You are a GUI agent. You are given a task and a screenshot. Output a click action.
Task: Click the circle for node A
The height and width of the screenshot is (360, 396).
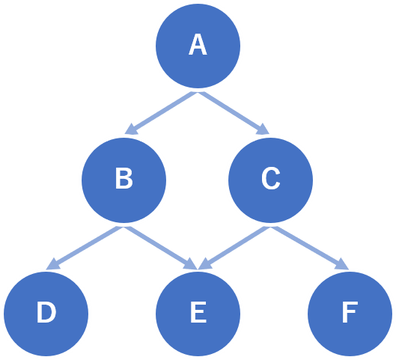pyautogui.click(x=198, y=46)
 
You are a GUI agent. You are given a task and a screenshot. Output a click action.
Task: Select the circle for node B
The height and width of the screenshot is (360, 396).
pyautogui.click(x=124, y=180)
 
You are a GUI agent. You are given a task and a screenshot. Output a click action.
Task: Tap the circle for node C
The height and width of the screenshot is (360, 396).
pyautogui.click(x=270, y=180)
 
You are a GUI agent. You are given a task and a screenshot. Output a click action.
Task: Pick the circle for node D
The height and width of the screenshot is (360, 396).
pyautogui.click(x=46, y=314)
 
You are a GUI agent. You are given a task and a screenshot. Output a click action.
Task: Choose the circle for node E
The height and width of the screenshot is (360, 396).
pyautogui.click(x=198, y=314)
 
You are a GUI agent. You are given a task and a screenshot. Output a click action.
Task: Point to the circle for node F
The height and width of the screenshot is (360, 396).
pyautogui.click(x=350, y=314)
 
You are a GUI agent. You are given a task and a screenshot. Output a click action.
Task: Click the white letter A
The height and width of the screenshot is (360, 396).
pyautogui.click(x=198, y=44)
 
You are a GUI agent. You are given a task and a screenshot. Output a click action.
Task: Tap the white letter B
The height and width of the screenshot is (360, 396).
pyautogui.click(x=124, y=178)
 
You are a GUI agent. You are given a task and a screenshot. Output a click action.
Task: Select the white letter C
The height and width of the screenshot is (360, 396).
pyautogui.click(x=271, y=178)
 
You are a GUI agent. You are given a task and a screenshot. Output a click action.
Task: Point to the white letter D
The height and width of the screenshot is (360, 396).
pyautogui.click(x=46, y=312)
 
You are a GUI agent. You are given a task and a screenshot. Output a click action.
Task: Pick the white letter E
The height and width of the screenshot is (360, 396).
pyautogui.click(x=198, y=312)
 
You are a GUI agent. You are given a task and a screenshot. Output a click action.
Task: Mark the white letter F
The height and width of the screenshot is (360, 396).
pyautogui.click(x=350, y=312)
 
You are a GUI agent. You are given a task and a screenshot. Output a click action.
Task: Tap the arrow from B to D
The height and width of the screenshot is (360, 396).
pyautogui.click(x=85, y=248)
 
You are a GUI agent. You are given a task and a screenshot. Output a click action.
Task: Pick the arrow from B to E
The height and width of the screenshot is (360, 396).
pyautogui.click(x=161, y=248)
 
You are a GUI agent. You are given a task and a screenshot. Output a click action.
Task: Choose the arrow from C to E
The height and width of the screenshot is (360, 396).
pyautogui.click(x=234, y=248)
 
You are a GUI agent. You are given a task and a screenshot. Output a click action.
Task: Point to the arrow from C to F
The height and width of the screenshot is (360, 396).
pyautogui.click(x=310, y=248)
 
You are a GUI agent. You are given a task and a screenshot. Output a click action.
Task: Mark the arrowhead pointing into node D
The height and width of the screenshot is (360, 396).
pyautogui.click(x=52, y=264)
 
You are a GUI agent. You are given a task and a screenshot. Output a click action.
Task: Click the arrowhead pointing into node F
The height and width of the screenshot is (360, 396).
pyautogui.click(x=342, y=264)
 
